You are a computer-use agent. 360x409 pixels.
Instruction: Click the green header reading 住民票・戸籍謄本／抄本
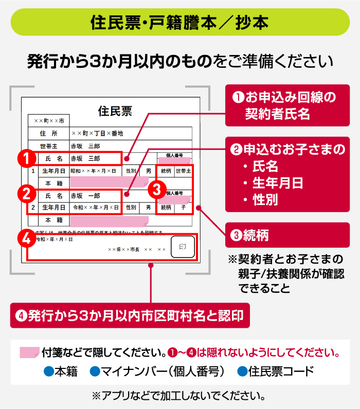pos(179,22)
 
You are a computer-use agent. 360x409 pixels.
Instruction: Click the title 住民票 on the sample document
pos(115,110)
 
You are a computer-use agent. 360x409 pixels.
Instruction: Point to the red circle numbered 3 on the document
pos(158,189)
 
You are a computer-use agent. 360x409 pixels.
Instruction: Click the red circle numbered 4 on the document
pos(26,239)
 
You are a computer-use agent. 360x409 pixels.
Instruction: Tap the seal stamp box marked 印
pos(182,247)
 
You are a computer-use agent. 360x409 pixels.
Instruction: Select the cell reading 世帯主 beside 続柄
pos(183,171)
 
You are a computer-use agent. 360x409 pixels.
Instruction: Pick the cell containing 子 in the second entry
pos(183,208)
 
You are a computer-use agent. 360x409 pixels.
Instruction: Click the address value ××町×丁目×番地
pos(97,133)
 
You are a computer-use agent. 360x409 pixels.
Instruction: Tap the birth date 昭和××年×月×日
pos(94,171)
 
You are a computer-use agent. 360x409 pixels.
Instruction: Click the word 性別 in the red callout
pos(265,200)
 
